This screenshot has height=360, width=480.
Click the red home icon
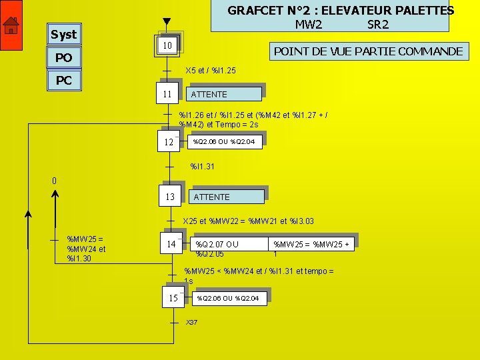pyautogui.click(x=11, y=26)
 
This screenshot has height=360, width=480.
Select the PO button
pyautogui.click(x=63, y=58)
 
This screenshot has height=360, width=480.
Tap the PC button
pyautogui.click(x=63, y=81)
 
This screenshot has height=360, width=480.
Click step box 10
pyautogui.click(x=167, y=45)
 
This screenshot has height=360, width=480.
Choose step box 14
pyautogui.click(x=171, y=244)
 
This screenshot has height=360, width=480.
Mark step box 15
pyautogui.click(x=173, y=298)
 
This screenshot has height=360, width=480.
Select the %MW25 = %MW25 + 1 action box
pyautogui.click(x=311, y=244)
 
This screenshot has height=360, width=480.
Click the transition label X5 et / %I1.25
pyautogui.click(x=210, y=70)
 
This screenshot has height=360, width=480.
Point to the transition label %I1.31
pyautogui.click(x=203, y=166)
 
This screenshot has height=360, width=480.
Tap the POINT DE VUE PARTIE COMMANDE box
pyautogui.click(x=369, y=51)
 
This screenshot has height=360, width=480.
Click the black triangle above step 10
pyautogui.click(x=167, y=23)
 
